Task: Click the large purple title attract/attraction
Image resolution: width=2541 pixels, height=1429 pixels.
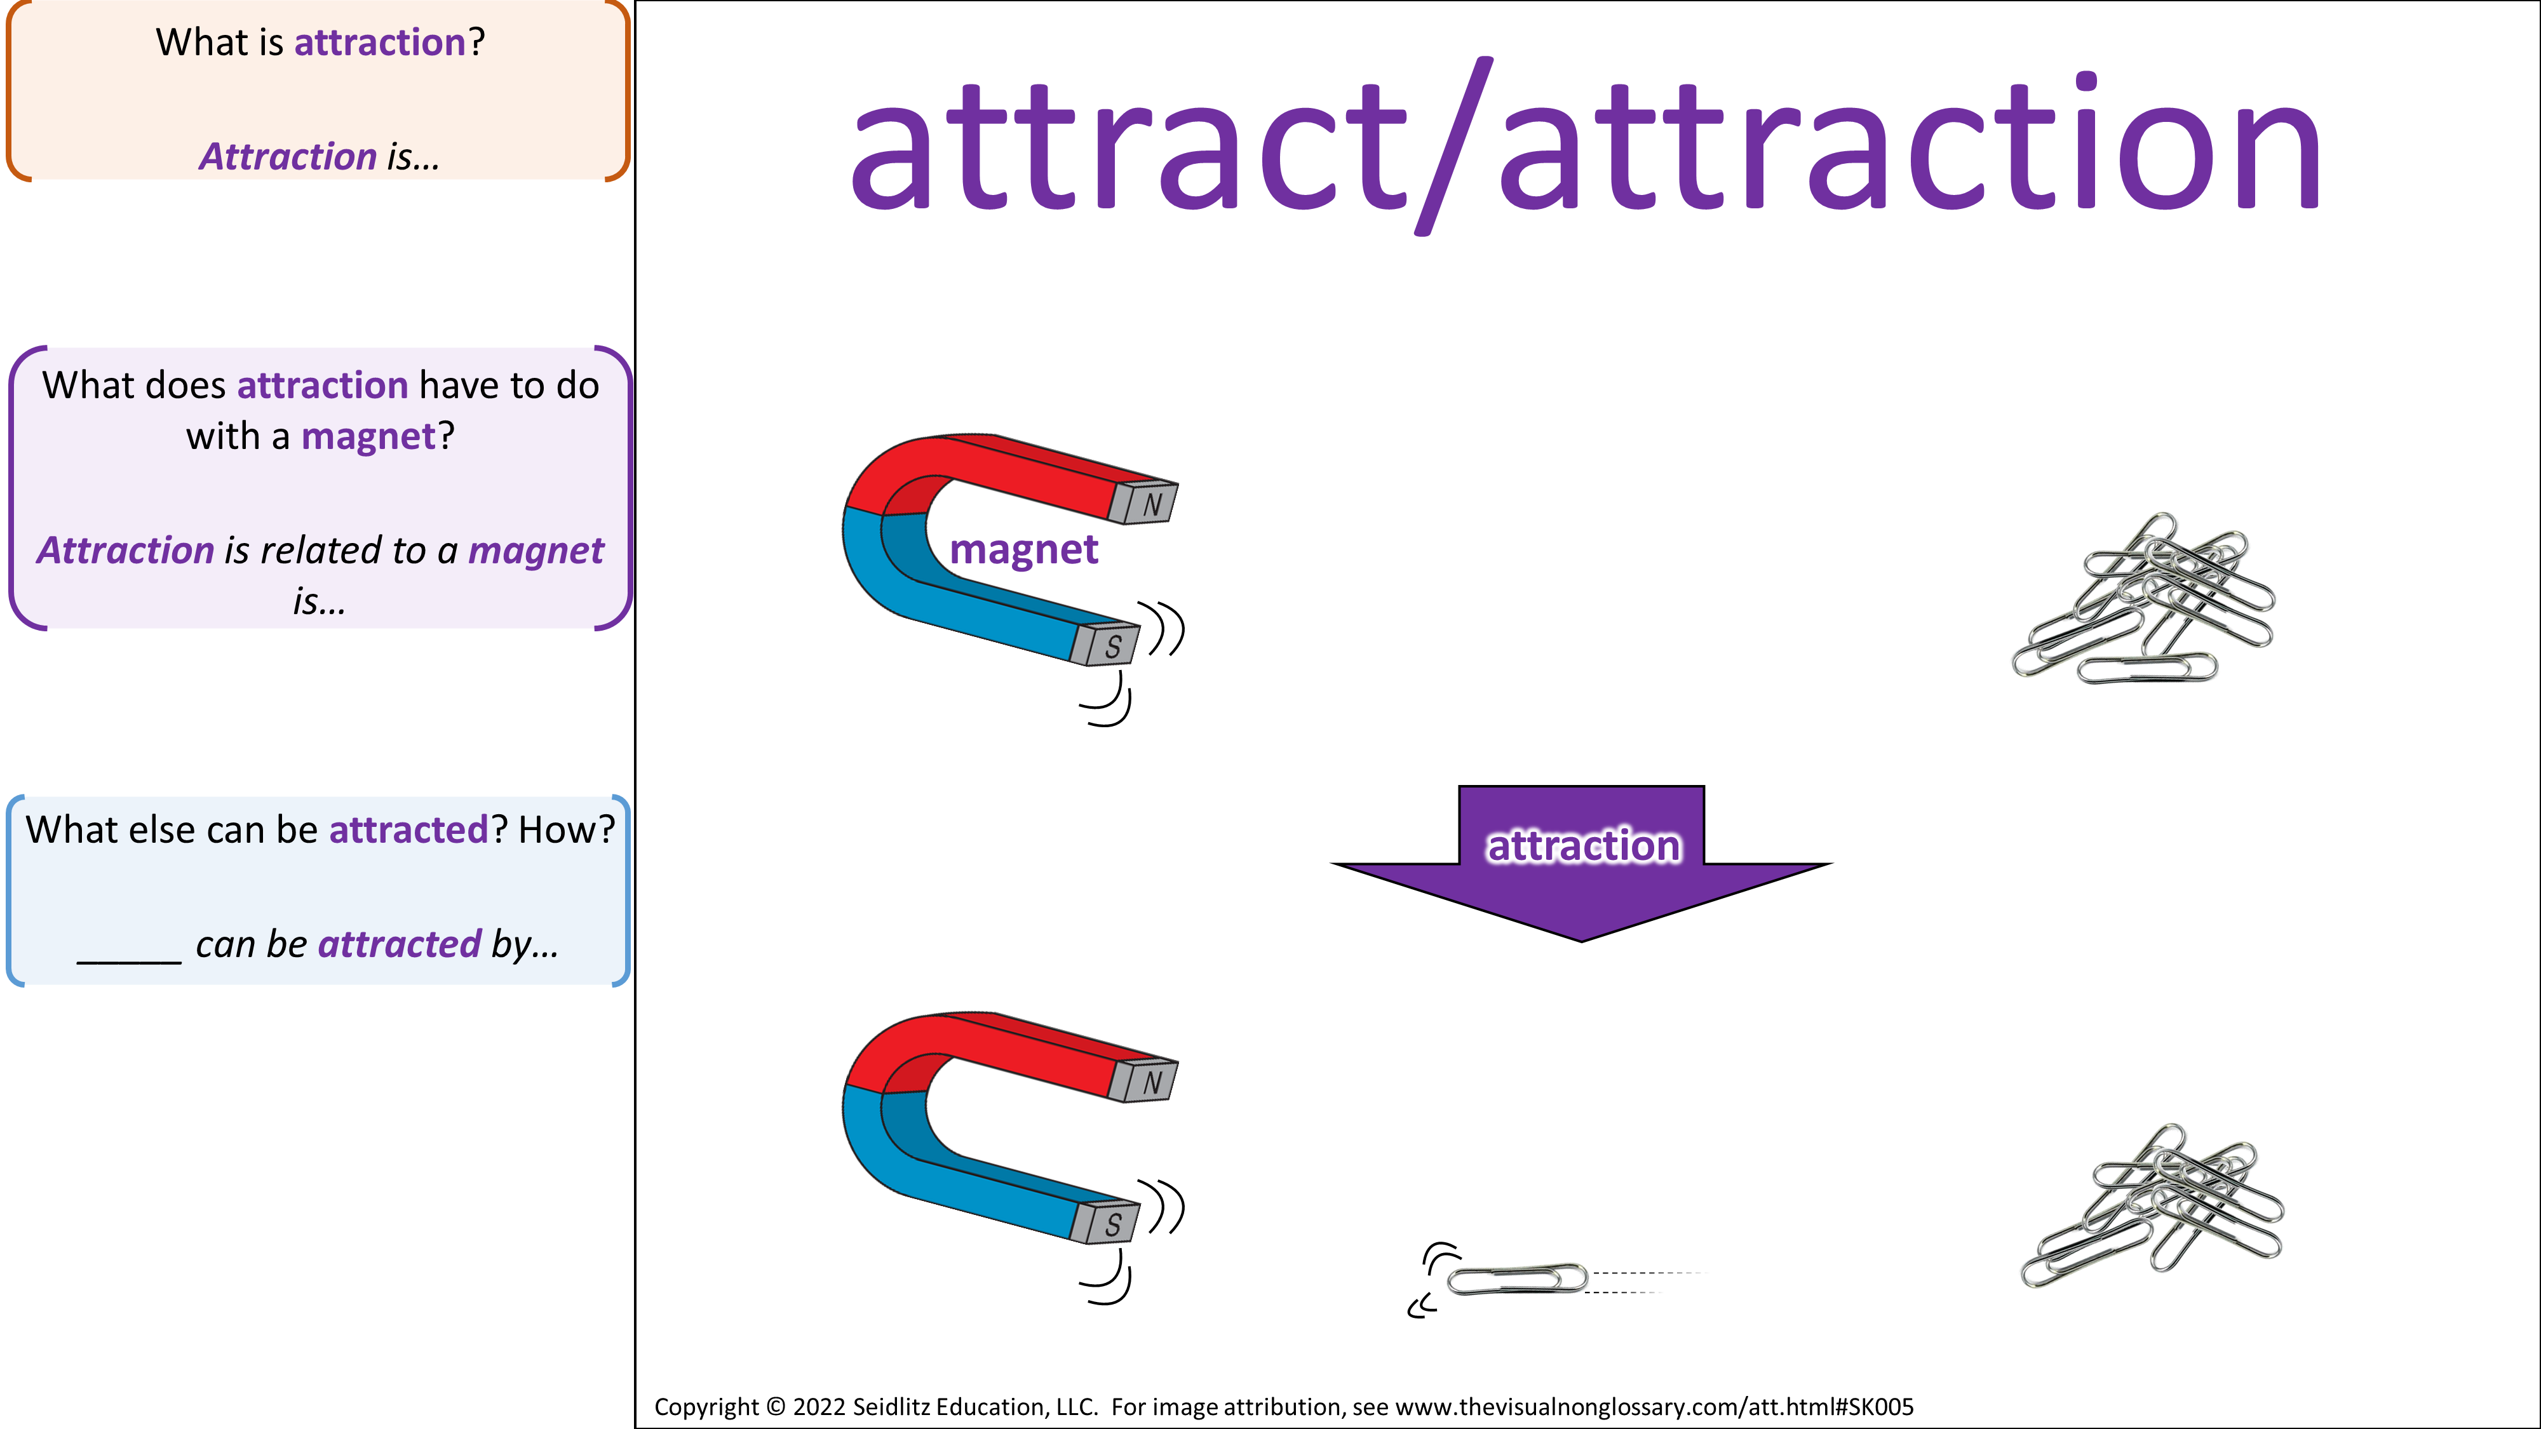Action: [1585, 146]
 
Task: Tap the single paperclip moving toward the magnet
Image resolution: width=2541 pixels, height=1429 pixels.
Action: [1517, 1279]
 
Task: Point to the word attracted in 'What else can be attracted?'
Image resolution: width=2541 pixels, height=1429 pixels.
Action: [408, 830]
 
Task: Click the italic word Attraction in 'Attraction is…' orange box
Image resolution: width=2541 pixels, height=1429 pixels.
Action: [288, 157]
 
